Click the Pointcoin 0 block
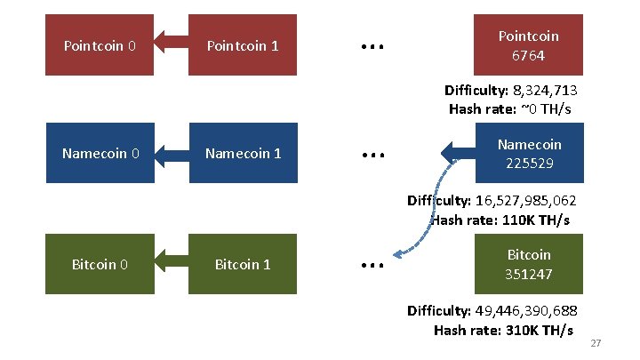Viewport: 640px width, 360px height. pyautogui.click(x=100, y=44)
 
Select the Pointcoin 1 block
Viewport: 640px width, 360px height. pyautogui.click(x=242, y=44)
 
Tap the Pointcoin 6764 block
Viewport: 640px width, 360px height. pyautogui.click(x=528, y=44)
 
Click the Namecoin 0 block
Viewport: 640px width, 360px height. pyautogui.click(x=100, y=153)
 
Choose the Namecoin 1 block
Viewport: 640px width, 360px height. pyautogui.click(x=243, y=153)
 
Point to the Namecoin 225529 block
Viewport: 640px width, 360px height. pyautogui.click(x=528, y=153)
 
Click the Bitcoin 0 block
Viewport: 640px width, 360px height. pyautogui.click(x=100, y=264)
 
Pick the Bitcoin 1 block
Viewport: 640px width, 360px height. pyautogui.click(x=243, y=264)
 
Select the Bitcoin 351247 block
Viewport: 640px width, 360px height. pyautogui.click(x=528, y=264)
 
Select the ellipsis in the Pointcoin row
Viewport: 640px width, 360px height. pyautogui.click(x=371, y=45)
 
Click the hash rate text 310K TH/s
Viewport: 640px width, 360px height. pyautogui.click(x=534, y=330)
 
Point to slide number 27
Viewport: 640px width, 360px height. pyautogui.click(x=596, y=344)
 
